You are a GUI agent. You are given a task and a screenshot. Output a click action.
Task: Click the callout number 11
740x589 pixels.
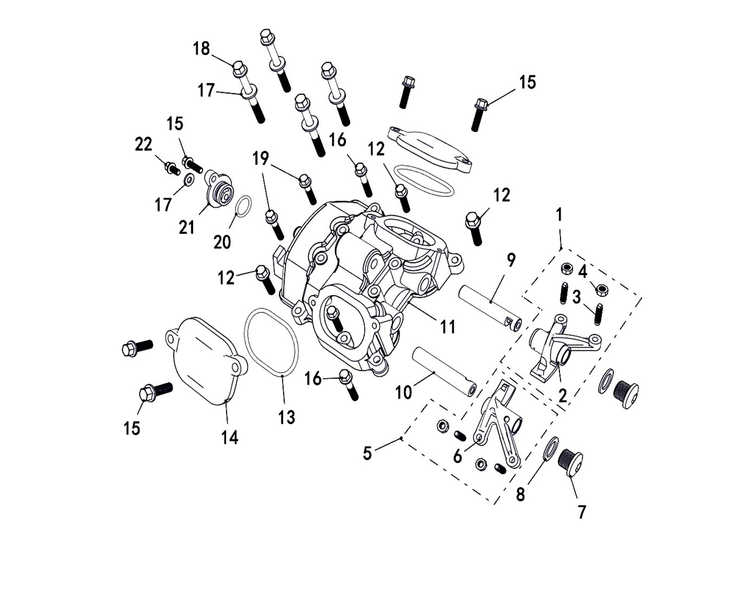point(447,327)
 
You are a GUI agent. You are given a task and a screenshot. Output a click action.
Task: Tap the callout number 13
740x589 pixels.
point(286,417)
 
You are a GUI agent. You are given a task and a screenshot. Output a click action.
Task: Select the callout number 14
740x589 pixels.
point(229,437)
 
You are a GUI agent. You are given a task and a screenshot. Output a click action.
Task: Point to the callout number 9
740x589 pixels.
point(511,260)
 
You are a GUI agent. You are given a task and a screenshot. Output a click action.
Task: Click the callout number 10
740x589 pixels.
point(403,392)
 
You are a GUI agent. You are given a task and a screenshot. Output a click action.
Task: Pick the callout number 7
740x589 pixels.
point(582,512)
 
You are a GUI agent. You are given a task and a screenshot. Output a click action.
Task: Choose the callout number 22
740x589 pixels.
point(144,145)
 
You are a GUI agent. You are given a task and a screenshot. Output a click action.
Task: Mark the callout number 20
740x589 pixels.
point(222,242)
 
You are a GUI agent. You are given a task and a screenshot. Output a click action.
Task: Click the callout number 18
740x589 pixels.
point(201,49)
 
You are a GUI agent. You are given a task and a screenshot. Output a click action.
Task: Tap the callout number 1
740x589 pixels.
point(559,215)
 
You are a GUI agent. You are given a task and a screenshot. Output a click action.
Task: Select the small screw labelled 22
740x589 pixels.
point(172,168)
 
